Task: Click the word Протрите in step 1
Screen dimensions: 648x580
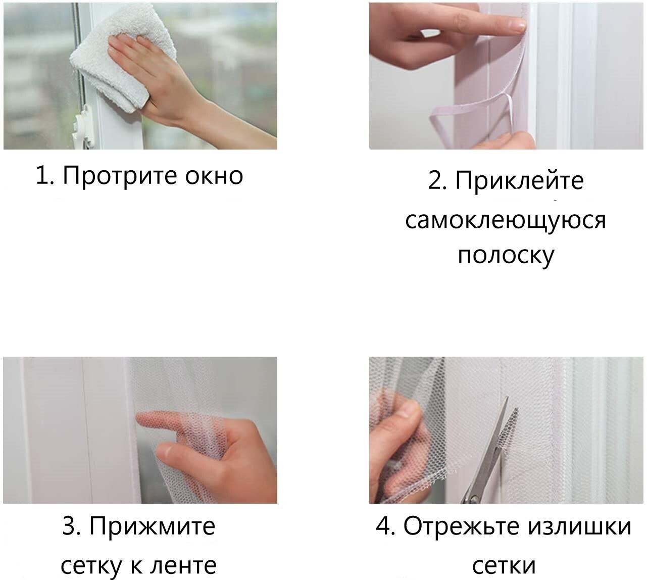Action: coord(119,176)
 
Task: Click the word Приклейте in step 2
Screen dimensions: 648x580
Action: coord(519,181)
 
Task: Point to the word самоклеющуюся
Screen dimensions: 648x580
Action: coord(506,220)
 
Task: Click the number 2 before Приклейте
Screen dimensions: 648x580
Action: coord(436,180)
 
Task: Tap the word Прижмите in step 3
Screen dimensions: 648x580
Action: coord(152,526)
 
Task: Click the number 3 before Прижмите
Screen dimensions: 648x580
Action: coord(71,526)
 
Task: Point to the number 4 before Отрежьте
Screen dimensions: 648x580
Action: coord(385,526)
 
